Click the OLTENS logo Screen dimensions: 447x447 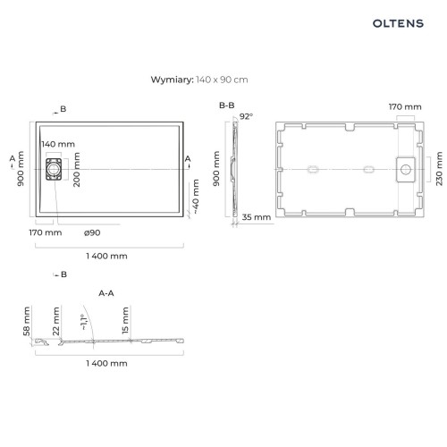pyautogui.click(x=398, y=23)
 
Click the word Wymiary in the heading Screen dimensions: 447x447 pyautogui.click(x=173, y=80)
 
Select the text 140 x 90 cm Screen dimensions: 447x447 pyautogui.click(x=222, y=80)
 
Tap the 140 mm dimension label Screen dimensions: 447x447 pyautogui.click(x=58, y=144)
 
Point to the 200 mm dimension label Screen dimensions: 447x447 pyautogui.click(x=77, y=170)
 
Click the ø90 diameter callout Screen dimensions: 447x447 pyautogui.click(x=92, y=232)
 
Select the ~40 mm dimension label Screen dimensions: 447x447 pyautogui.click(x=196, y=197)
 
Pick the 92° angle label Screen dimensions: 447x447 pyautogui.click(x=246, y=116)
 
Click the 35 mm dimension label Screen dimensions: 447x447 pyautogui.click(x=257, y=217)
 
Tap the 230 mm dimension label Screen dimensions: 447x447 pyautogui.click(x=439, y=169)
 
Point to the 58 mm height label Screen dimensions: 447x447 pyautogui.click(x=27, y=321)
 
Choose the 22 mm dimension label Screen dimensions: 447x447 pyautogui.click(x=56, y=321)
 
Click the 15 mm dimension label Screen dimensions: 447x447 pyautogui.click(x=125, y=320)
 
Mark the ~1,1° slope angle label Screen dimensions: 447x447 pyautogui.click(x=85, y=322)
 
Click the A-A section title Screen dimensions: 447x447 pyautogui.click(x=106, y=293)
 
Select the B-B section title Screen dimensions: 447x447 pyautogui.click(x=227, y=105)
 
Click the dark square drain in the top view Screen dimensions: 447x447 pyautogui.click(x=54, y=169)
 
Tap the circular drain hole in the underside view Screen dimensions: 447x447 pyautogui.click(x=406, y=170)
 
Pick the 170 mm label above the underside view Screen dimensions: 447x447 pyautogui.click(x=405, y=106)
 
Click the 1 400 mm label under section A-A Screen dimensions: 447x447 pyautogui.click(x=106, y=363)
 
